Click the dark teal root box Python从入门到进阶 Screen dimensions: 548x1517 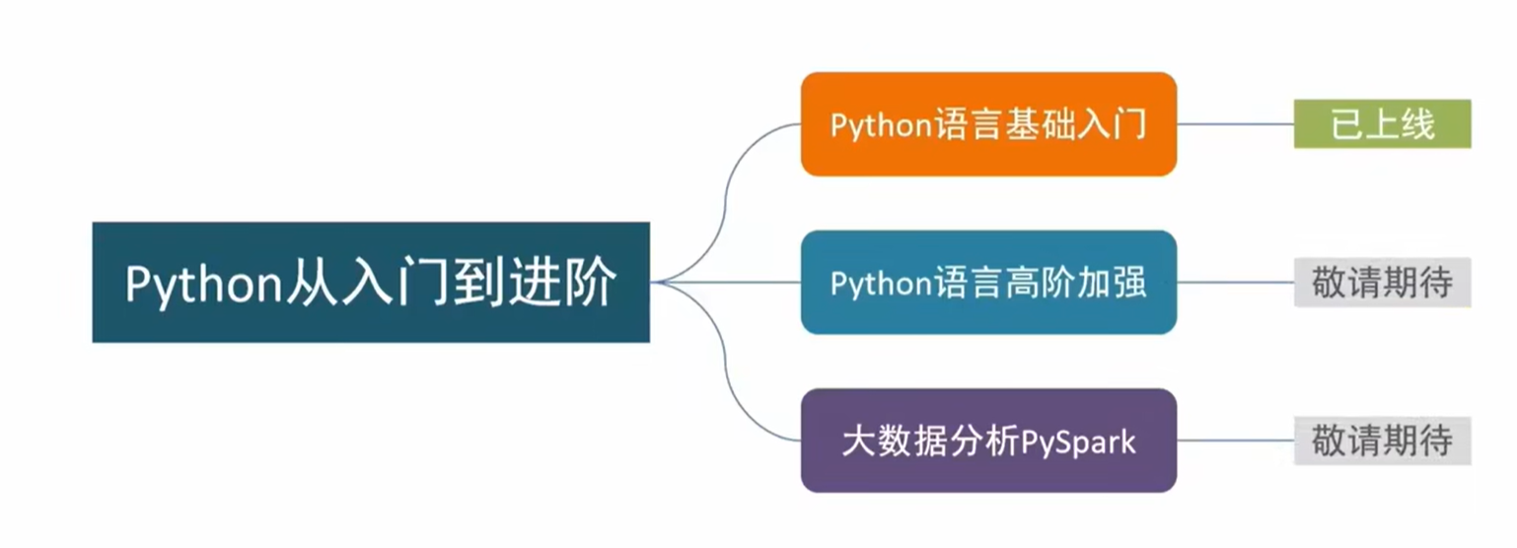tap(371, 282)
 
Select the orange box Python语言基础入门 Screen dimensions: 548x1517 tap(988, 124)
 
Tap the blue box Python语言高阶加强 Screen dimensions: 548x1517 tap(988, 283)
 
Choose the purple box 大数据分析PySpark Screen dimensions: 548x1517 tap(988, 441)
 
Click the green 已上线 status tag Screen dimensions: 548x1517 tap(1382, 124)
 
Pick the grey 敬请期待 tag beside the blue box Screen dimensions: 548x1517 tap(1382, 283)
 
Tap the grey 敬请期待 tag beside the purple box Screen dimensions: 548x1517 tap(1382, 441)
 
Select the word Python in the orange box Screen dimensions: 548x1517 tap(881, 126)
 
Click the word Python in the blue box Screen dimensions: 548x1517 tap(881, 284)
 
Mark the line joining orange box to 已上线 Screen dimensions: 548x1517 tap(1235, 124)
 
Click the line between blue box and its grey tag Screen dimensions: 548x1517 tap(1235, 283)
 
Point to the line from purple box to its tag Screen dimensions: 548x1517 tap(1235, 441)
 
